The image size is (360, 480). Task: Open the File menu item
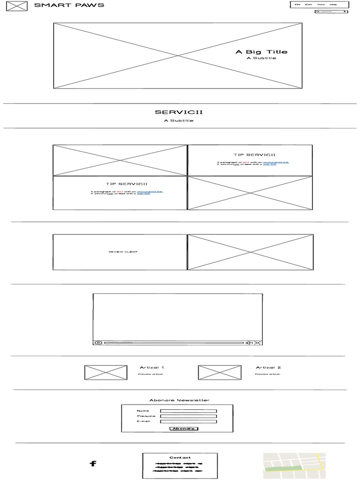[x=298, y=5]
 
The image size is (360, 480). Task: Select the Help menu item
[x=334, y=5]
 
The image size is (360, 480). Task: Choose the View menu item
[x=321, y=5]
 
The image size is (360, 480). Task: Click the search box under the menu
[x=331, y=11]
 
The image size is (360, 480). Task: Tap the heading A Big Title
[x=261, y=52]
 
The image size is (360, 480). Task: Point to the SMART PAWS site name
[x=69, y=5]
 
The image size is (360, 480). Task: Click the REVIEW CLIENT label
[x=123, y=252]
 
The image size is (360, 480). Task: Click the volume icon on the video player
[x=250, y=343]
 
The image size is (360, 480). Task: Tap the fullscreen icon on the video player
[x=257, y=343]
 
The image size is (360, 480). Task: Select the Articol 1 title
[x=152, y=367]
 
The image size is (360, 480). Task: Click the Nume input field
[x=188, y=411]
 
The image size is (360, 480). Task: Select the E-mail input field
[x=188, y=421]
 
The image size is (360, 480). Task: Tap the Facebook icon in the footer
[x=93, y=464]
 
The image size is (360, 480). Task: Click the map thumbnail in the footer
[x=294, y=465]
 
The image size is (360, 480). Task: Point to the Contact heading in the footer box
[x=180, y=457]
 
